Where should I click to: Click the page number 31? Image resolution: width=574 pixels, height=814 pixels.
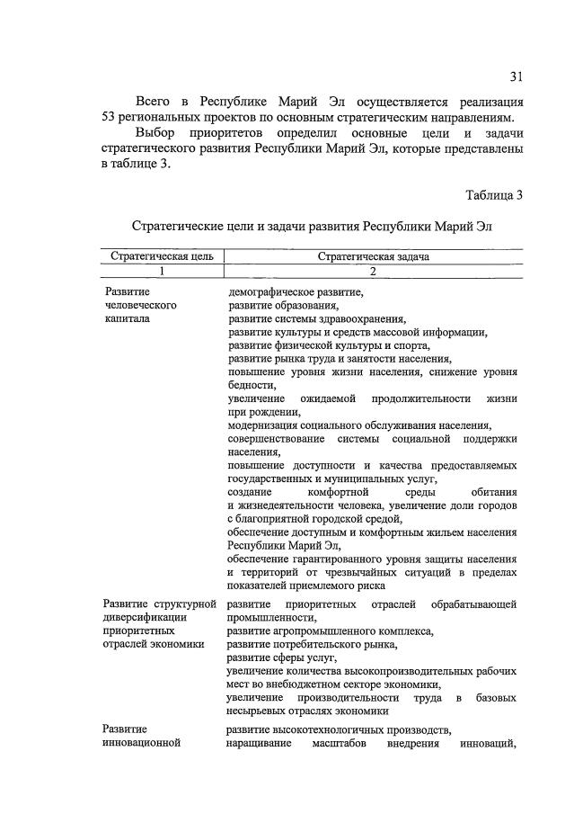click(516, 75)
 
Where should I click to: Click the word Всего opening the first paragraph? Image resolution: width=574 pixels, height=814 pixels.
click(153, 100)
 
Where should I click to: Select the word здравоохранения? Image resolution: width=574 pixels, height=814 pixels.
click(361, 318)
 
